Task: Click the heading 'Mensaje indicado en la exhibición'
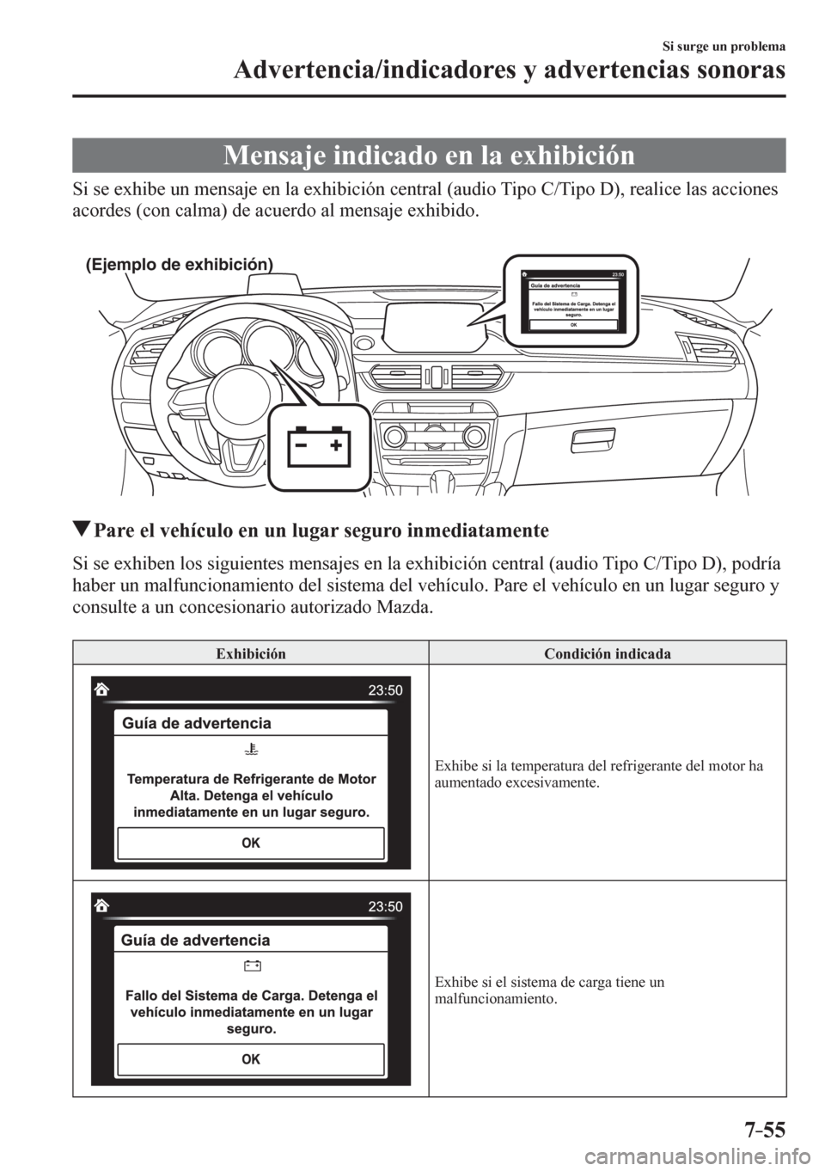pos(428,156)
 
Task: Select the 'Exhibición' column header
pos(250,653)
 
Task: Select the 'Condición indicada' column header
pos(607,653)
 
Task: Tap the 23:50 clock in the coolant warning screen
pos(384,689)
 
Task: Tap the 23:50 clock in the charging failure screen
pos(384,905)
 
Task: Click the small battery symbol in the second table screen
pos(251,966)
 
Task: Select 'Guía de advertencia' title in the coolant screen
pos(197,723)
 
